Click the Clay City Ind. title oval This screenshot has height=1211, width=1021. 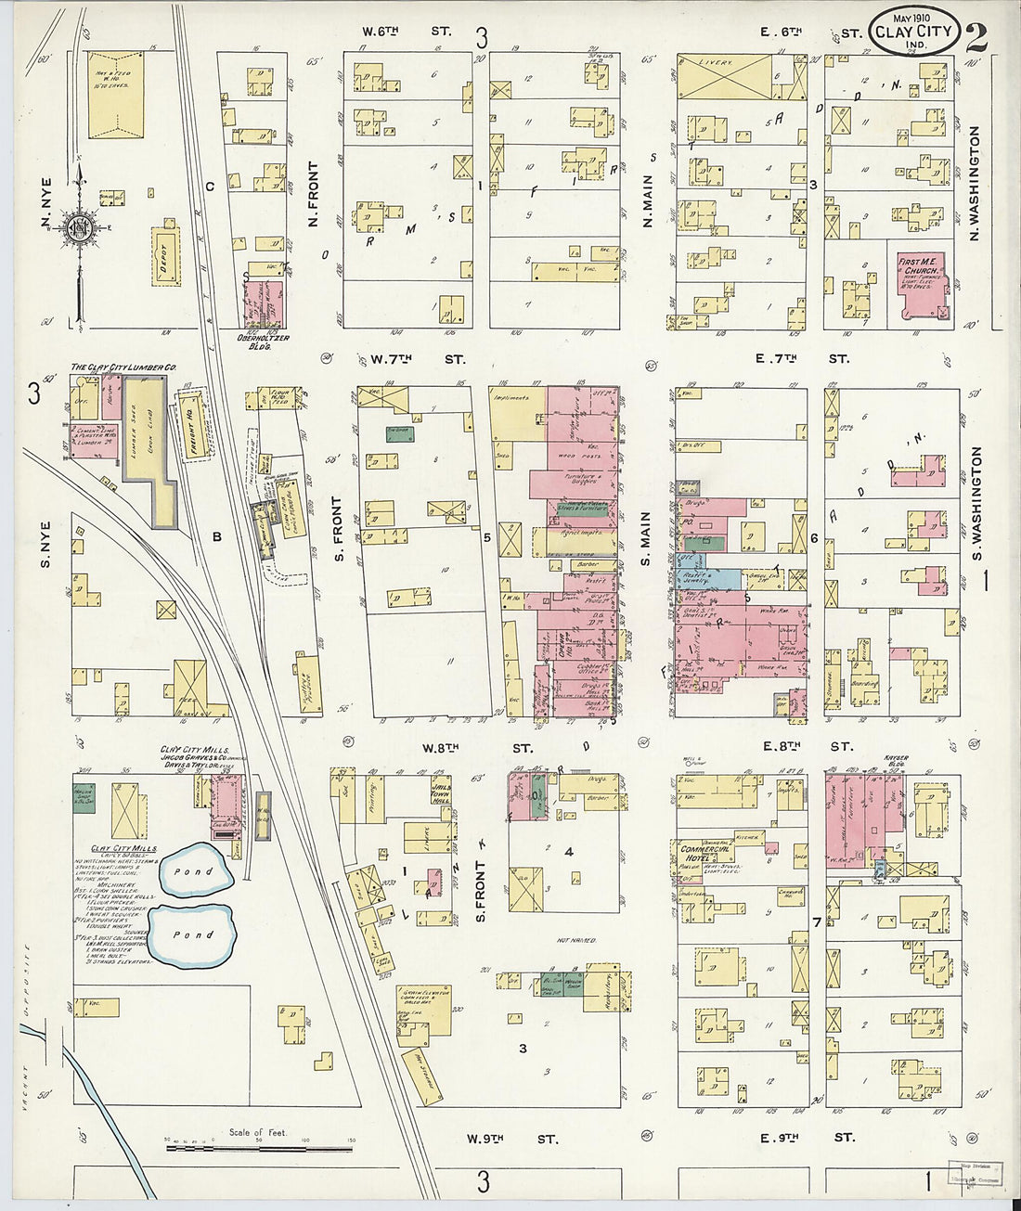click(913, 31)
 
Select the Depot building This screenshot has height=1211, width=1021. click(165, 254)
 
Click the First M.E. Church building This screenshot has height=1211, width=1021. click(922, 287)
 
